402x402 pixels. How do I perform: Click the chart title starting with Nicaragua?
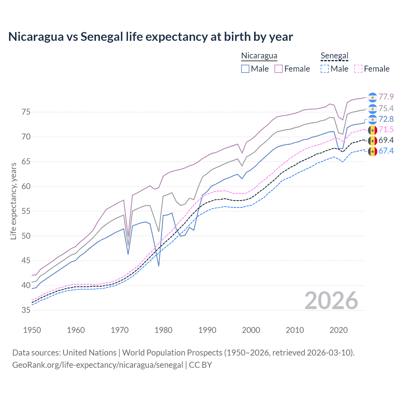tap(150, 37)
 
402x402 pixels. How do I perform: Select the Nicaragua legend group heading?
tap(259, 56)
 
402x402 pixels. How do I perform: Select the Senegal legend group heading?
tap(334, 56)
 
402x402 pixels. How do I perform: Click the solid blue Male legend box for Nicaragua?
tap(245, 69)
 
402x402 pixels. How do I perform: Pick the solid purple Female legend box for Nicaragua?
tap(279, 69)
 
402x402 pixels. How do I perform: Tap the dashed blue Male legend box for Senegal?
tap(325, 69)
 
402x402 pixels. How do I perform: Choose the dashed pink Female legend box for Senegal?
tap(358, 69)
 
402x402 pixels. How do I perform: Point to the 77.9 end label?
tap(386, 97)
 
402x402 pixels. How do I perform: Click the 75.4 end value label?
tap(386, 108)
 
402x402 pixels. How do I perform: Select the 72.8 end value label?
tap(386, 119)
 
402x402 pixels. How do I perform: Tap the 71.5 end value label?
tap(386, 129)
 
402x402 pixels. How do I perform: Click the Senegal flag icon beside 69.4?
tap(372, 140)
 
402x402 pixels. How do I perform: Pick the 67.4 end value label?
tap(386, 151)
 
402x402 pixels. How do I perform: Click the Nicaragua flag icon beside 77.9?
tap(372, 97)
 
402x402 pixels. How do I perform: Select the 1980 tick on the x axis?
tap(163, 330)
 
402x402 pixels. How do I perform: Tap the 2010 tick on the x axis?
tap(295, 330)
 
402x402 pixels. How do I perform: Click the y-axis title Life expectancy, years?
tap(13, 201)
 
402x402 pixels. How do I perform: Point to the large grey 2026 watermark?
tap(331, 301)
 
